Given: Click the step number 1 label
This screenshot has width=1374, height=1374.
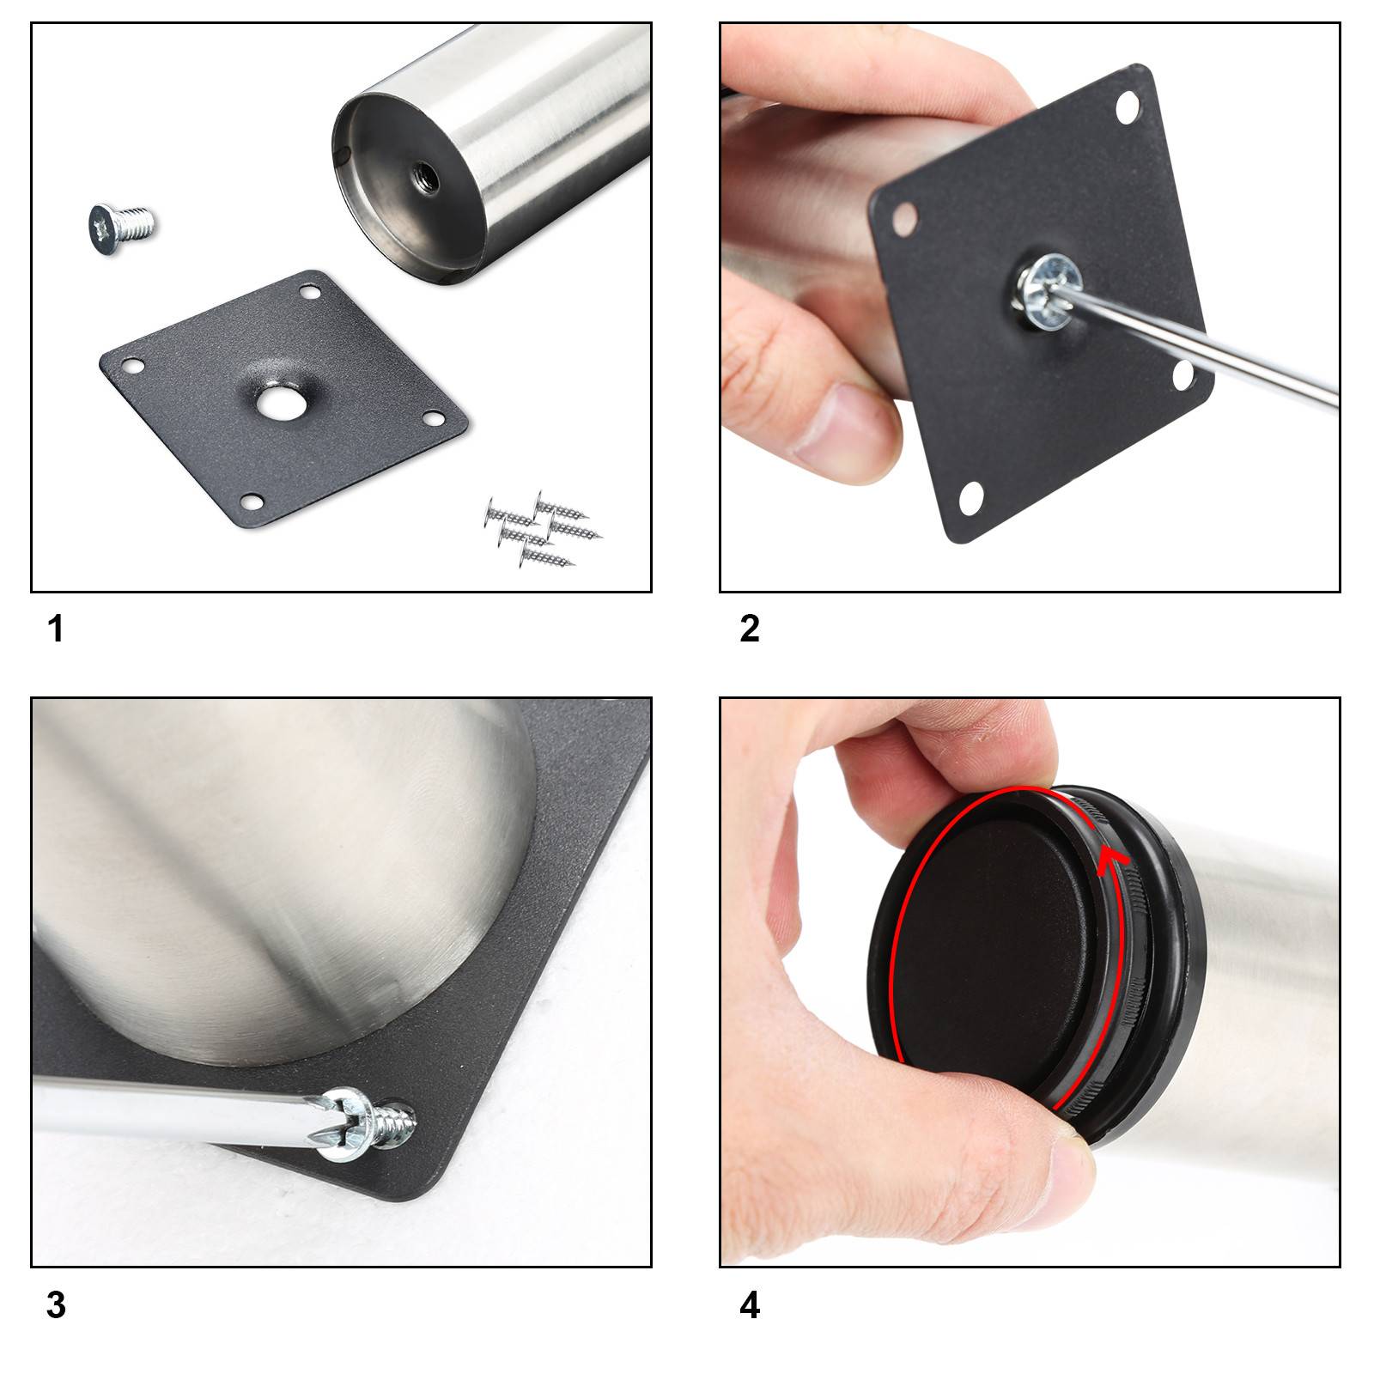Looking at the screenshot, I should [56, 629].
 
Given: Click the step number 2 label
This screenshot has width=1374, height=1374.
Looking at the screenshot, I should [749, 629].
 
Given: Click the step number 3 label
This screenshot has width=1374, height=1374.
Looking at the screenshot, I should [56, 1305].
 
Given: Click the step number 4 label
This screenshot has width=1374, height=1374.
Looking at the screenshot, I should [749, 1305].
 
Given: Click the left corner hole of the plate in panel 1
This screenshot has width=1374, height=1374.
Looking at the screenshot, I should [132, 365].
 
